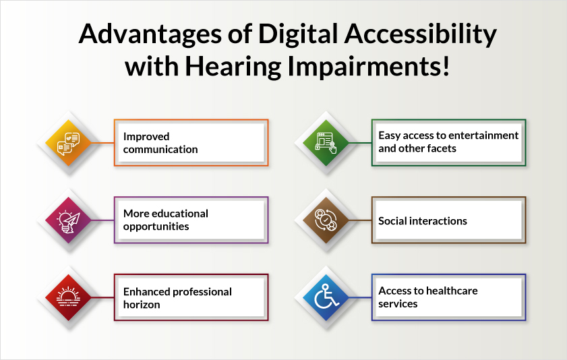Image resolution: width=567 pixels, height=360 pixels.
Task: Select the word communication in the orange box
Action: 160,149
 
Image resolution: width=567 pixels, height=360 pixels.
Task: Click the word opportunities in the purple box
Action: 156,227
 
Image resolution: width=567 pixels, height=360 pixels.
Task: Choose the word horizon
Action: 142,304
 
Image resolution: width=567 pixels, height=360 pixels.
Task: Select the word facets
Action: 438,148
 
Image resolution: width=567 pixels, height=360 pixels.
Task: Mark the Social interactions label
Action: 422,220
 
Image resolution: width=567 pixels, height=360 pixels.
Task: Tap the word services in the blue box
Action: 398,303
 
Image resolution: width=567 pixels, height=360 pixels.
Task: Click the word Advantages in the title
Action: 143,35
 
